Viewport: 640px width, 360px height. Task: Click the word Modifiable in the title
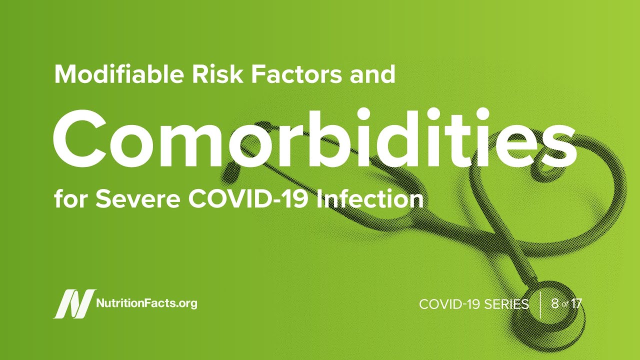pos(119,74)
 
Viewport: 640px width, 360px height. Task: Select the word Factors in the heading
pos(296,74)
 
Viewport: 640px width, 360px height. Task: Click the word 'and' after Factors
pos(372,74)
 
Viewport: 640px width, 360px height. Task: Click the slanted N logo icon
pos(74,303)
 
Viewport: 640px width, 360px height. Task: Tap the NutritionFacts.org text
pos(147,303)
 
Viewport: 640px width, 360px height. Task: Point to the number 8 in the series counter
pos(555,303)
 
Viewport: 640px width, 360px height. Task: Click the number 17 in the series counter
pos(576,303)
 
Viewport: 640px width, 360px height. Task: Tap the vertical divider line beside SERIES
pos(540,305)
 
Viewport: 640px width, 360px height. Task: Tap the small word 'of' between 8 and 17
pos(565,304)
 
